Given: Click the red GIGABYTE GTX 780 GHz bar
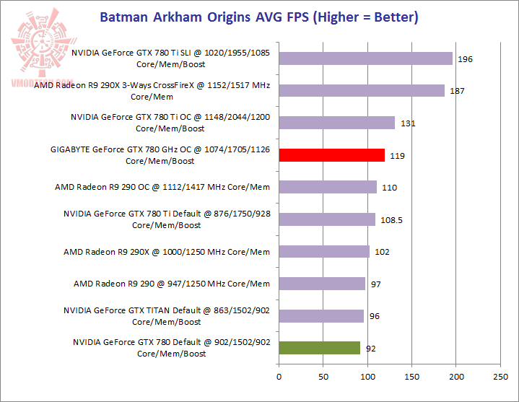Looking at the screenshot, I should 331,154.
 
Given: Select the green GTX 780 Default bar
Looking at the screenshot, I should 319,348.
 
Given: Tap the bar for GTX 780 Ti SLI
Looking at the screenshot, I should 365,58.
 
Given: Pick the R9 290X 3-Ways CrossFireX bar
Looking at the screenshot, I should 362,90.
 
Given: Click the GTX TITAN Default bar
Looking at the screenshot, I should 321,316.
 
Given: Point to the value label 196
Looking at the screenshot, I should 465,59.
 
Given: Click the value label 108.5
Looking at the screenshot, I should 391,219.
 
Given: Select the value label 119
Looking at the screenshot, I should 396,155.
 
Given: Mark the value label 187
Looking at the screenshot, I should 457,92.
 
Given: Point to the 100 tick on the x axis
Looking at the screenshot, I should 367,376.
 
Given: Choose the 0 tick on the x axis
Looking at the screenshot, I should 279,376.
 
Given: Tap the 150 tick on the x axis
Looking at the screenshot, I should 411,376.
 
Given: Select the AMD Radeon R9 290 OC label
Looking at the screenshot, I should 162,187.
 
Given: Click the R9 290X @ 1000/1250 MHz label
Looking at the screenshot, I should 167,252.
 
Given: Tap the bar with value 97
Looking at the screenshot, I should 322,284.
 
